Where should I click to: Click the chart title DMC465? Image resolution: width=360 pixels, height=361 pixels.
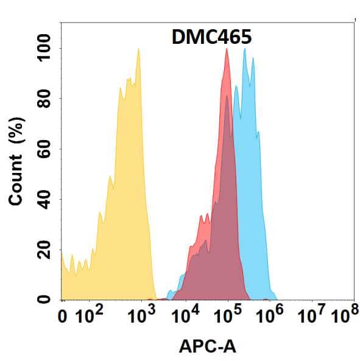pos(210,37)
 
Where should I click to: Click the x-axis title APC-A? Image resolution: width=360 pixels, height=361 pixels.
pos(207,346)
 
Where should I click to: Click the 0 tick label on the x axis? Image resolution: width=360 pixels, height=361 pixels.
pos(63,317)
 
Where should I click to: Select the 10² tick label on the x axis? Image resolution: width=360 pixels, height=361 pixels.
pos(89,315)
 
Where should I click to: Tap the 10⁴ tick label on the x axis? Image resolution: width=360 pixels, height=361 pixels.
pos(186,315)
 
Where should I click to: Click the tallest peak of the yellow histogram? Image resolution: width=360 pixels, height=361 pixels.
pos(139,50)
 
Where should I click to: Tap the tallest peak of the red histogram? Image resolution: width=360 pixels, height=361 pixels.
pos(227,50)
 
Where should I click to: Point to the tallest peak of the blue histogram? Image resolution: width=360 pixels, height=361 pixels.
pos(245,50)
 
